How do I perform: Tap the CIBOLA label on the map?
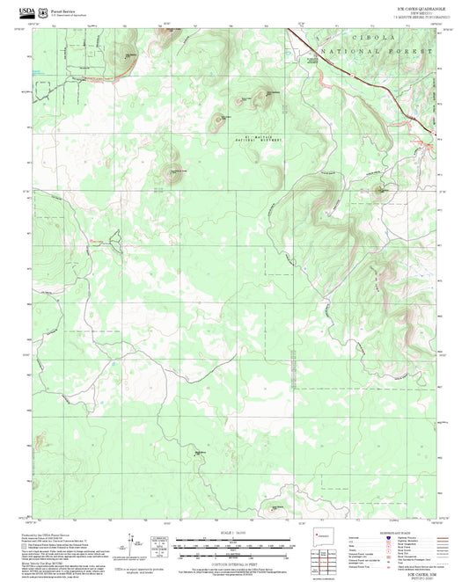click(377, 40)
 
